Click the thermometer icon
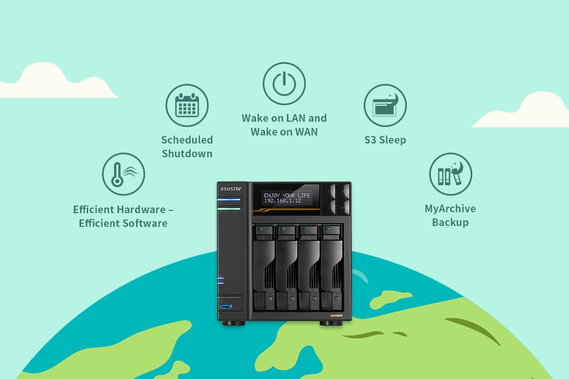(123, 174)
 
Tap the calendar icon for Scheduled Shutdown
(187, 106)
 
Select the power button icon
(284, 84)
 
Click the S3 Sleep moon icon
(385, 106)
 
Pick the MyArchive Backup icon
(450, 174)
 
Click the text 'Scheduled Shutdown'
(187, 146)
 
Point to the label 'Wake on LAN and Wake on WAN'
(284, 125)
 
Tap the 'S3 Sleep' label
(385, 140)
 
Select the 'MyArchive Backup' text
(450, 216)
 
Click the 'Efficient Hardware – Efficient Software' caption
(123, 216)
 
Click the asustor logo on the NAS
(230, 189)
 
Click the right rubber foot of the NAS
(330, 323)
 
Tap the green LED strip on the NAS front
(229, 208)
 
